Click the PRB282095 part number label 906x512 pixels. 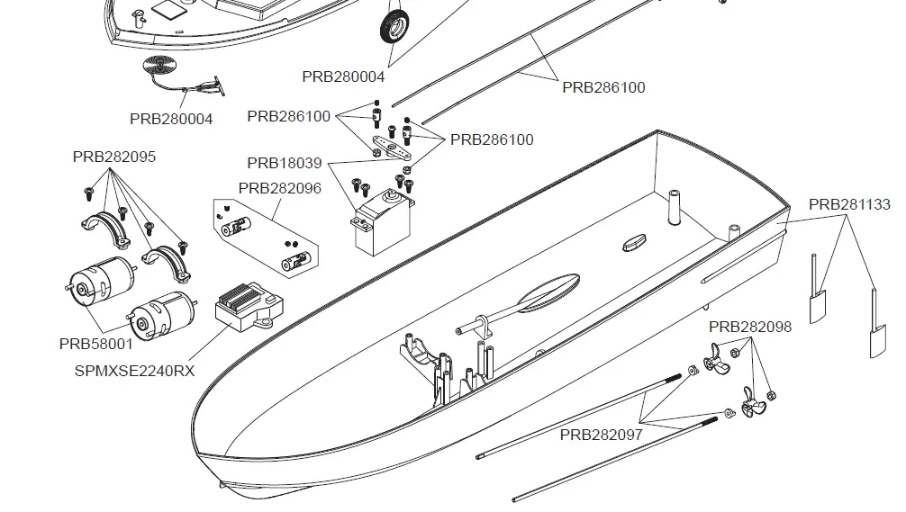tap(113, 157)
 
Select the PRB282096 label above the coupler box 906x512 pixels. tap(279, 188)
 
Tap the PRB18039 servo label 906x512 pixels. tap(284, 163)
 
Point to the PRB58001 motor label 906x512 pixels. tap(95, 344)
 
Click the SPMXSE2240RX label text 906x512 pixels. tap(134, 369)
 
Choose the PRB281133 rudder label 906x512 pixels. tap(849, 204)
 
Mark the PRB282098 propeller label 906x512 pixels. tap(750, 327)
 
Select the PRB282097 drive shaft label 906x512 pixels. tap(602, 435)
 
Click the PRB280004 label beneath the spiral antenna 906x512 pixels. tap(171, 119)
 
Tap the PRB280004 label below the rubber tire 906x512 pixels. tap(343, 76)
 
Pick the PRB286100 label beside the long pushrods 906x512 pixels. tap(603, 87)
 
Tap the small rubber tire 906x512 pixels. tap(395, 26)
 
